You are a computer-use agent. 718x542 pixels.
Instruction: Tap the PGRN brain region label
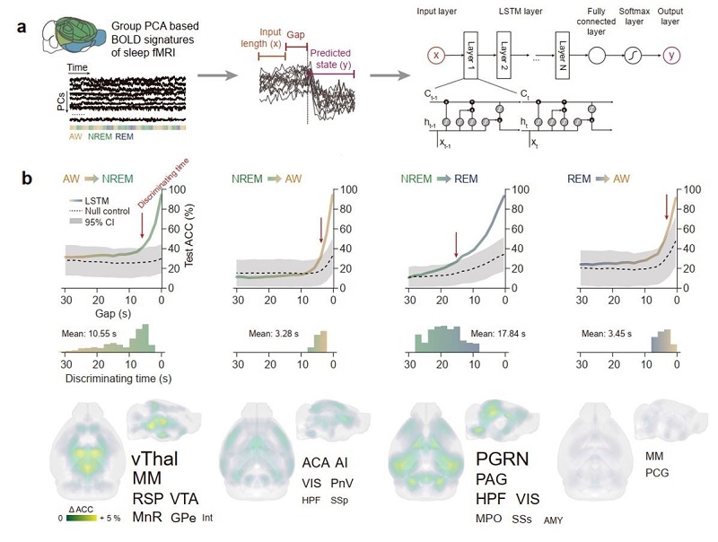503,459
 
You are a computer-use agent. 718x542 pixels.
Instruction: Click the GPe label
182,518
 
